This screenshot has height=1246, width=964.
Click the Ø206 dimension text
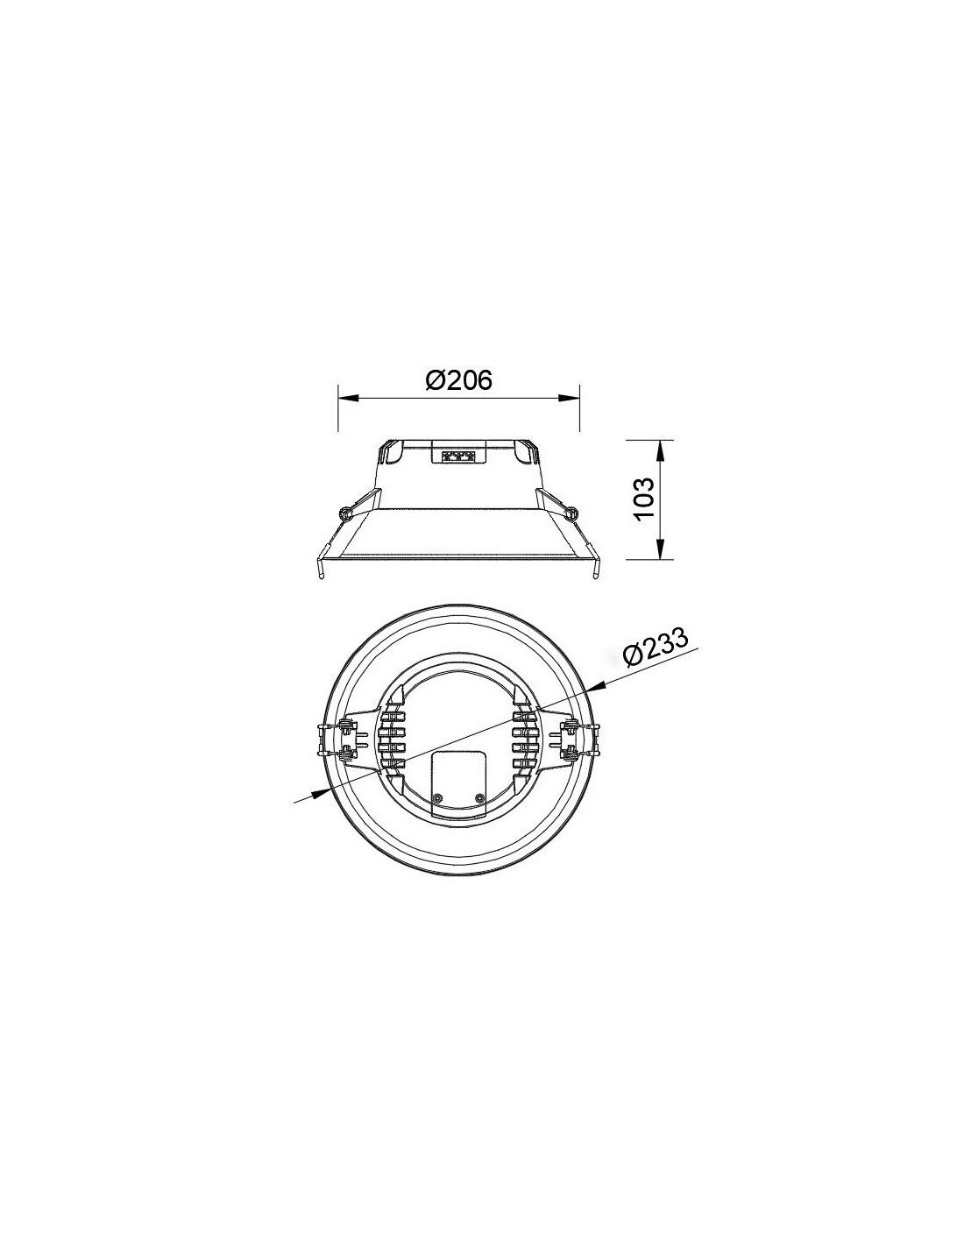click(x=458, y=379)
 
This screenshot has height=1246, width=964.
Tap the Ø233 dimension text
click(x=655, y=648)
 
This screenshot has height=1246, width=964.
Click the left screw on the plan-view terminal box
click(x=437, y=797)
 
